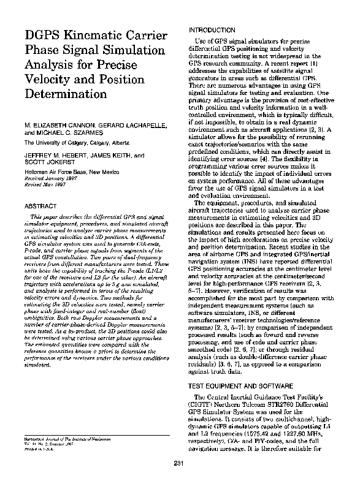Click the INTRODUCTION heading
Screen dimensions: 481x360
[x=212, y=30]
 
